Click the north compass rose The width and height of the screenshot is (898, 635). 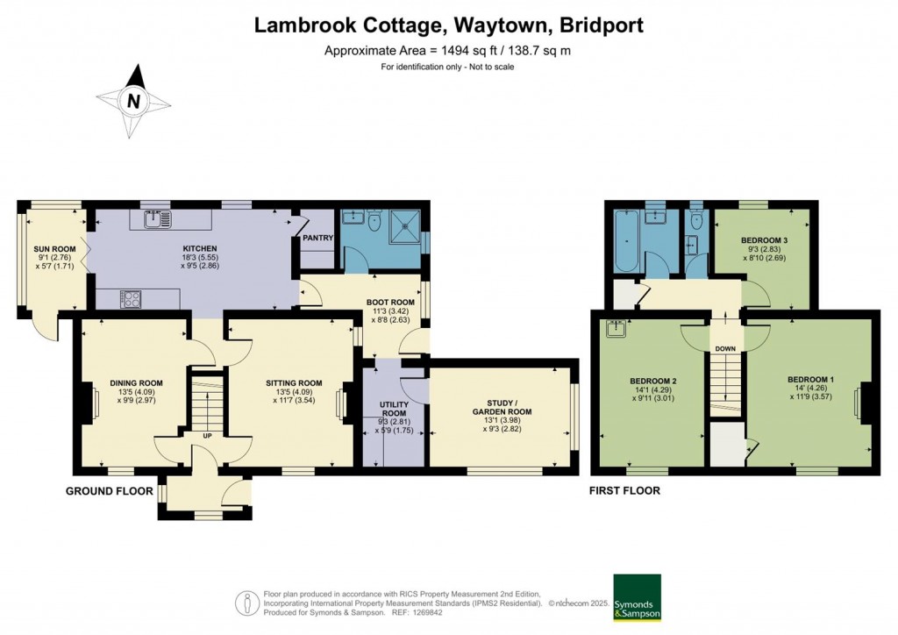[133, 101]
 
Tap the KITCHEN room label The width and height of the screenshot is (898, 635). [199, 249]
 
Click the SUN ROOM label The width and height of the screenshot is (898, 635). [55, 249]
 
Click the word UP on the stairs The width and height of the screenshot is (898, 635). [208, 435]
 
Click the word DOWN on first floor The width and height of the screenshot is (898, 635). [725, 348]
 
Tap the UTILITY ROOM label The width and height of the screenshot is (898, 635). [393, 409]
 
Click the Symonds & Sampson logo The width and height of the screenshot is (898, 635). [637, 598]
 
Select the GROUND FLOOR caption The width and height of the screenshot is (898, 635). [110, 491]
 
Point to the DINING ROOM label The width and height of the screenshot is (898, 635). [136, 382]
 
